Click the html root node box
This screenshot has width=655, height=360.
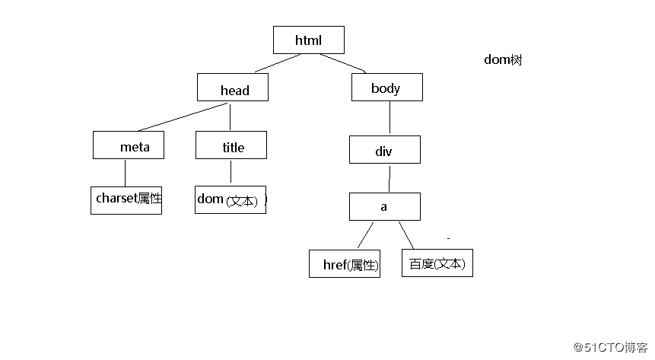[x=308, y=40]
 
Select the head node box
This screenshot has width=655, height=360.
[x=233, y=88]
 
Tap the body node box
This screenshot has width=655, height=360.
[x=386, y=88]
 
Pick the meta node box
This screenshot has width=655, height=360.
[x=128, y=145]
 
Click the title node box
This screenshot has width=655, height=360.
[x=231, y=145]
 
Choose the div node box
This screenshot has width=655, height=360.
[x=384, y=149]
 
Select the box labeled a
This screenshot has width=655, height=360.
[x=384, y=206]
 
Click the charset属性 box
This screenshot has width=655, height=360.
[x=126, y=199]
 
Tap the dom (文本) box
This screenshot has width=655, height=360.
[x=230, y=199]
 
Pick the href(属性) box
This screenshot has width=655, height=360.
[x=345, y=264]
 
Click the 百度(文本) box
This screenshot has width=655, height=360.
[x=437, y=263]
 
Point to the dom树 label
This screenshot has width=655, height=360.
[x=503, y=60]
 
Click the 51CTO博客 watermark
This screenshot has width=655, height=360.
[x=609, y=347]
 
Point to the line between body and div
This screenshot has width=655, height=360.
[x=390, y=118]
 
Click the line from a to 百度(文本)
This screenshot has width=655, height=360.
[x=406, y=235]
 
